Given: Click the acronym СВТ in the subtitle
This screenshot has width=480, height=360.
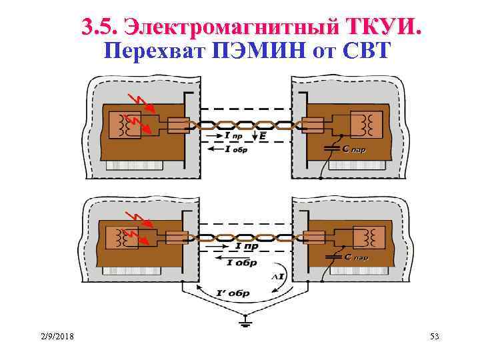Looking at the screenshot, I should click(x=364, y=51).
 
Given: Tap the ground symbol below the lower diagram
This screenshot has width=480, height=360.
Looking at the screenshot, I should click(x=244, y=324).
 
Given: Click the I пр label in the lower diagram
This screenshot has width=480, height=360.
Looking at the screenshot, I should click(x=247, y=247).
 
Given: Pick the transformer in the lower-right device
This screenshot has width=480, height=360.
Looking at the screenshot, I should click(x=366, y=237).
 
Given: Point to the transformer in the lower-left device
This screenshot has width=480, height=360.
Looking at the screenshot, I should click(x=125, y=237).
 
